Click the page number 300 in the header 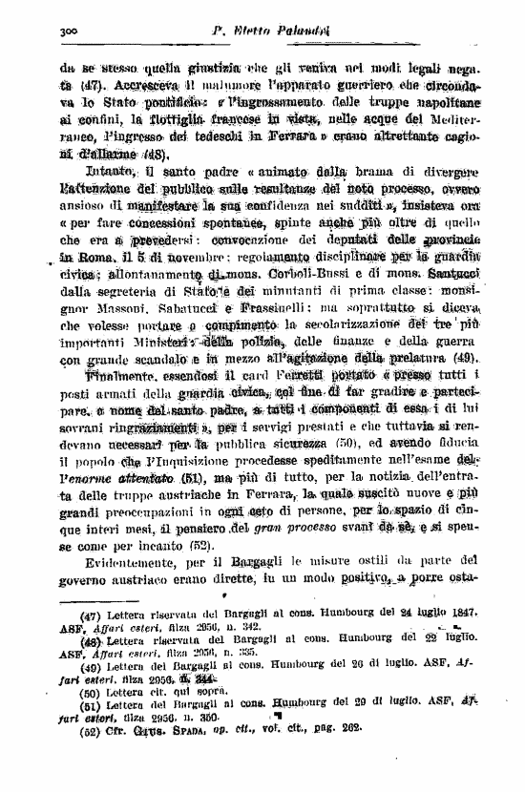[x=67, y=31]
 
